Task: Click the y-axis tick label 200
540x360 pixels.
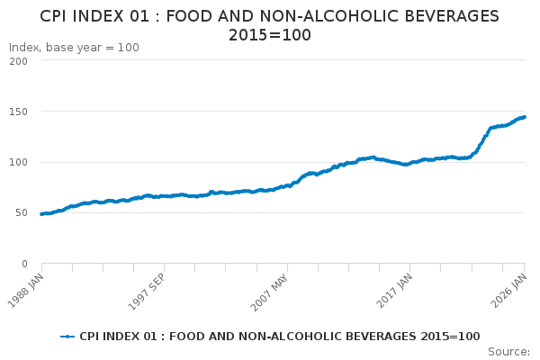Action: (x=18, y=61)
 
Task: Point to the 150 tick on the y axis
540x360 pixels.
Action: (x=18, y=112)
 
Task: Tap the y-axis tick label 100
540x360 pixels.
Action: (x=18, y=162)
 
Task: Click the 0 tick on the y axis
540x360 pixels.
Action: (x=24, y=264)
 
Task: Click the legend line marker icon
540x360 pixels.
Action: (x=67, y=337)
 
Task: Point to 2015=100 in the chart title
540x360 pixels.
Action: (x=270, y=35)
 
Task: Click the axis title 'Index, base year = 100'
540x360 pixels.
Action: (x=74, y=48)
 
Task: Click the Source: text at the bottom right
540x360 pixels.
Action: (x=508, y=351)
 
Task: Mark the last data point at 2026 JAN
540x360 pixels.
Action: (x=525, y=117)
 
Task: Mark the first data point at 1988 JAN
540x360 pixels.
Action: (x=41, y=214)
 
